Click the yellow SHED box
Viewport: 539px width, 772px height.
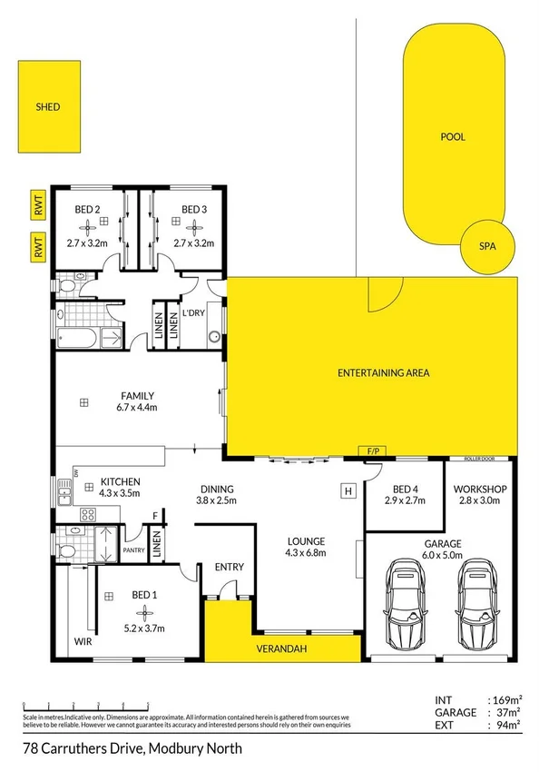[48, 107]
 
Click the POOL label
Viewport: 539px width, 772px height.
[453, 137]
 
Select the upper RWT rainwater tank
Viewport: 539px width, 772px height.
[39, 208]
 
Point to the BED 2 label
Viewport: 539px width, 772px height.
[87, 210]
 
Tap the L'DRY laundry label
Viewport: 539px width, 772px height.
[193, 313]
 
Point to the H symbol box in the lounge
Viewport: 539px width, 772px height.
[347, 491]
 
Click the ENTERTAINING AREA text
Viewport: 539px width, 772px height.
[383, 372]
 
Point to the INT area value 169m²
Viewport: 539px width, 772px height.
[505, 699]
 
